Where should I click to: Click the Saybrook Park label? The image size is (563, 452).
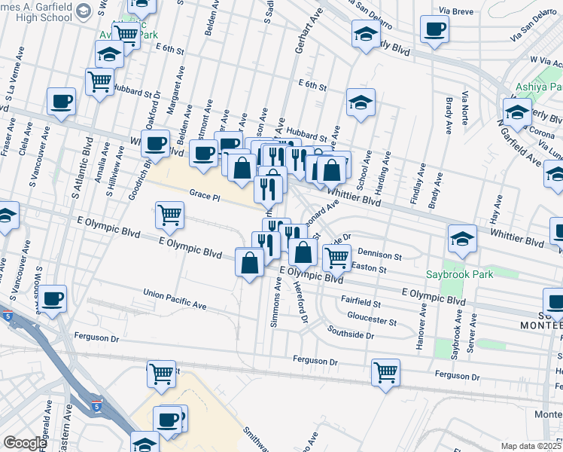(459, 274)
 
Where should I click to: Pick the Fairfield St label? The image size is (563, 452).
(361, 303)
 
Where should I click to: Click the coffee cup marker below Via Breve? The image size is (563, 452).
(434, 31)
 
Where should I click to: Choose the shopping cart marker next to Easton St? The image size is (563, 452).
(336, 258)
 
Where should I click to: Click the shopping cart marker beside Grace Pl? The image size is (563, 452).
(169, 215)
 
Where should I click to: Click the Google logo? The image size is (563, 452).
(25, 443)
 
